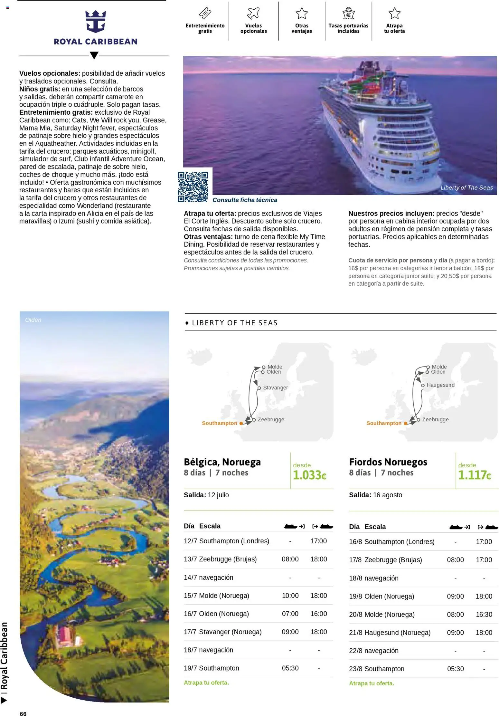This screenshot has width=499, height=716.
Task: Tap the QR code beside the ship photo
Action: click(193, 187)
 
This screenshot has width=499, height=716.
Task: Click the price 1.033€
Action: click(309, 475)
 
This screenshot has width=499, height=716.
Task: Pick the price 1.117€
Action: click(474, 475)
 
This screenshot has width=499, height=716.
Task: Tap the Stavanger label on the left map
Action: click(275, 388)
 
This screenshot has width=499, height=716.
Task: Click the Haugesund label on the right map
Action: click(440, 385)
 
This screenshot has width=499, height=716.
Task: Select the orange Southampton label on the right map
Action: click(384, 423)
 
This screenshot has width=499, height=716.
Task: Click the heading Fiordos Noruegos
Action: click(388, 462)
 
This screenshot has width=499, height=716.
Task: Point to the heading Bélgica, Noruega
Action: click(222, 462)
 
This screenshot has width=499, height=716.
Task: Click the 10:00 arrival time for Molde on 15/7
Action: click(290, 596)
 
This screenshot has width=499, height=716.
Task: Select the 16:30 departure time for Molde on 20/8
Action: click(484, 615)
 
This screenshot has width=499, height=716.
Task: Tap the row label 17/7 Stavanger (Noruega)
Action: click(222, 632)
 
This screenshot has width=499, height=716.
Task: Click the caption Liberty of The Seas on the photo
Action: click(466, 188)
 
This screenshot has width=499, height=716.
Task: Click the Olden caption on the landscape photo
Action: click(33, 320)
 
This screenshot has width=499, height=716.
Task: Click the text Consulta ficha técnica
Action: click(245, 200)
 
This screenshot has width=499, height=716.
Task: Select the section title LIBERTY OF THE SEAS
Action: click(234, 323)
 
